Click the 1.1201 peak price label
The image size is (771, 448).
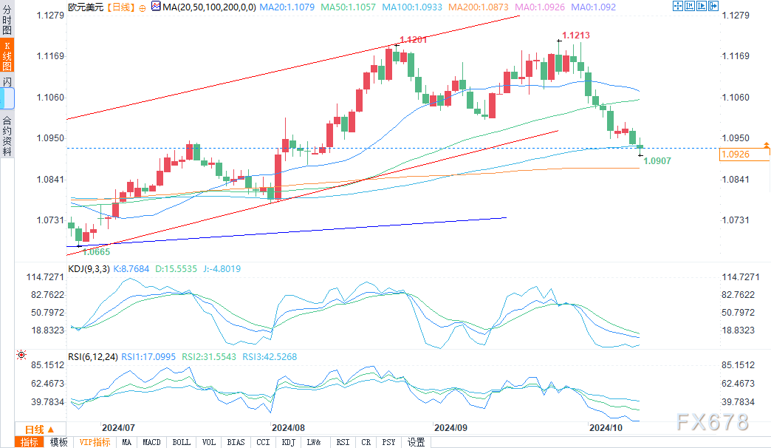413,40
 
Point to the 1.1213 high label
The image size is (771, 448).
575,35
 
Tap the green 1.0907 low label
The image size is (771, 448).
657,160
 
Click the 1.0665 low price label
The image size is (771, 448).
96,251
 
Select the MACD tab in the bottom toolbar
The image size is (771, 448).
151,442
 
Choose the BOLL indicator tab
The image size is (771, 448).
180,442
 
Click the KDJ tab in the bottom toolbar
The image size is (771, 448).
288,442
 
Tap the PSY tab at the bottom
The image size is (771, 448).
388,442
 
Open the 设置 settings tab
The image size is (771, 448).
417,442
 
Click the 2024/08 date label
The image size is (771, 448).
288,427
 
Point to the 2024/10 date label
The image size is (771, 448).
604,427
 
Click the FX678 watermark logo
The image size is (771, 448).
711,422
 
